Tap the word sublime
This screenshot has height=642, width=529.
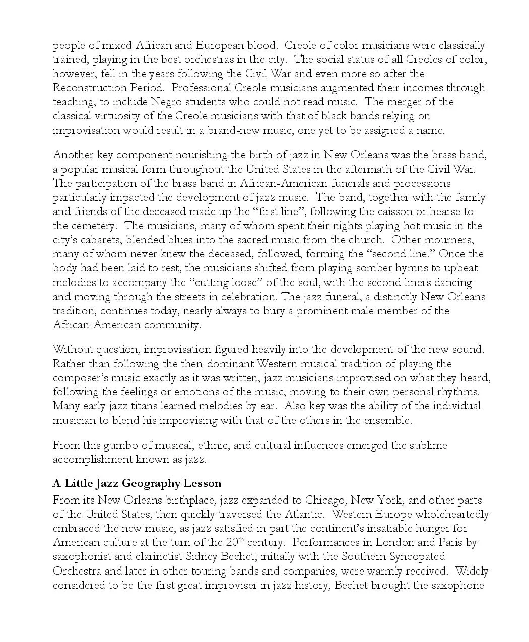point(428,445)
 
